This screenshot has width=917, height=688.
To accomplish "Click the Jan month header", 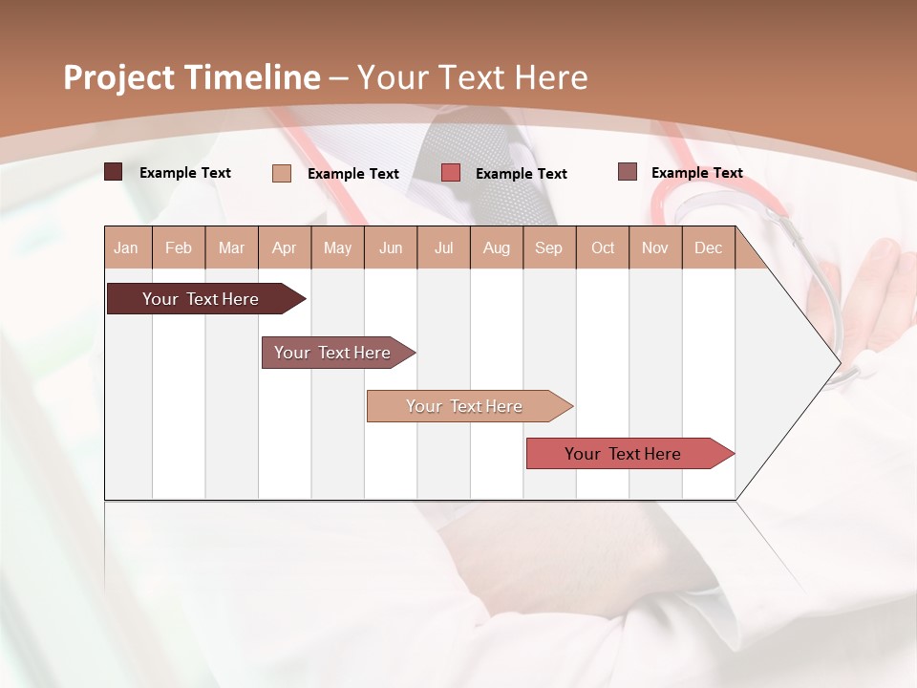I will [x=127, y=247].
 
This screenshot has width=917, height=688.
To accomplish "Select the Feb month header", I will [x=179, y=247].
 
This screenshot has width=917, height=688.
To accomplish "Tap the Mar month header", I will [x=231, y=247].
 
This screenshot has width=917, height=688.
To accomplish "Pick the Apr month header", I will [x=285, y=247].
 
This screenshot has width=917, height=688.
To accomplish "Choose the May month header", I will [x=337, y=247].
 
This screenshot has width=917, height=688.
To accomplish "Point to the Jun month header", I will [x=391, y=247].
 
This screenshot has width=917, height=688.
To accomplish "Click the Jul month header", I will [x=443, y=247].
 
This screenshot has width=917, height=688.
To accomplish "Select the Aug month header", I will [x=497, y=247].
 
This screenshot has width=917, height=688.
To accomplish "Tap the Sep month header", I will [x=549, y=247].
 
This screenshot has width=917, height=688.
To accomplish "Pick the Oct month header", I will [x=603, y=247].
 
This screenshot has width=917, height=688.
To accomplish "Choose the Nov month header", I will [x=655, y=247].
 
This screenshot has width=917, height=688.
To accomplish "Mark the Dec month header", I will [x=709, y=247].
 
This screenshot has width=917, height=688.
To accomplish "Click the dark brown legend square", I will [x=114, y=172].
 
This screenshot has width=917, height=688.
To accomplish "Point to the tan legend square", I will [x=282, y=173].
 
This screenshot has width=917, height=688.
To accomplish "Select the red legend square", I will [x=451, y=173].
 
